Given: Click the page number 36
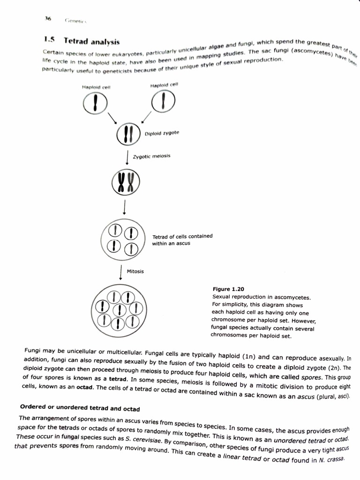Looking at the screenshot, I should [48, 19].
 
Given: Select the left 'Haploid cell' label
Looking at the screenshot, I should [96, 87].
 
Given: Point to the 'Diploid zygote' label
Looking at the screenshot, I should [162, 133].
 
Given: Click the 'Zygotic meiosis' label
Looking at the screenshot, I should [152, 156].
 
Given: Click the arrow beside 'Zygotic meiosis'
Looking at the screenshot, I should [127, 157].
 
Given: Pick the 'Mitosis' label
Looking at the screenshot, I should [135, 271].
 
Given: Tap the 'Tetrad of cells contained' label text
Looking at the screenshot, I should [182, 236].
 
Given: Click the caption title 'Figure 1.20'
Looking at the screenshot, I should [228, 289].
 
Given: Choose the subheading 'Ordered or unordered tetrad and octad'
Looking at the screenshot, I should [80, 407].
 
